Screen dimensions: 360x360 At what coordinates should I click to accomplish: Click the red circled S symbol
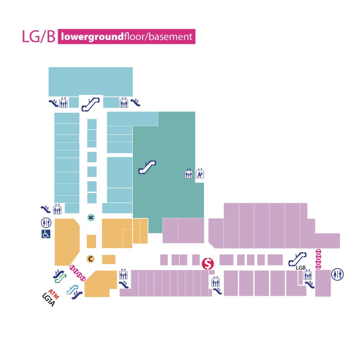tap(208, 264)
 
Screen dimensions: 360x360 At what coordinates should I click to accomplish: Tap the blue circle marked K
tap(91, 217)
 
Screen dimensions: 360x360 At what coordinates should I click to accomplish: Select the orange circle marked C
tap(90, 259)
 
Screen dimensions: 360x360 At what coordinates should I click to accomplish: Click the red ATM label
tap(53, 294)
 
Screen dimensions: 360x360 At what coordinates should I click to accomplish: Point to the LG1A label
tap(49, 300)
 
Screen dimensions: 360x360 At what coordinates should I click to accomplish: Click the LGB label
tap(301, 268)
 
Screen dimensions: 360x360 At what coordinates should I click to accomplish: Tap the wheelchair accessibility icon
tap(46, 234)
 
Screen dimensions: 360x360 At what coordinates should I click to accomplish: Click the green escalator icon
tap(60, 278)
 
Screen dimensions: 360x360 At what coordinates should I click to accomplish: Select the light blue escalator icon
tap(72, 290)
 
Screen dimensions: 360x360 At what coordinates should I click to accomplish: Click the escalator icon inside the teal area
tap(147, 167)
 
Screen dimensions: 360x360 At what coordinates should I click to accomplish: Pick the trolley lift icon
tap(200, 174)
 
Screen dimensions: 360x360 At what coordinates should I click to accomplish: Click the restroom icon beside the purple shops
tap(337, 274)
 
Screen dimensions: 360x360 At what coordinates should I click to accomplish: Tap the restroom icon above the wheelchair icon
tap(46, 223)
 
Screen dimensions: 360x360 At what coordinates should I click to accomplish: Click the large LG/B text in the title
tap(39, 37)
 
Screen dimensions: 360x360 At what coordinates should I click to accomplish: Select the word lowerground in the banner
tap(92, 37)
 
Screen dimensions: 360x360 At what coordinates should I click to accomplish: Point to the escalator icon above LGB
tap(297, 259)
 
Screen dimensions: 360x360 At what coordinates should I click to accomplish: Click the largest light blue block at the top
tap(90, 82)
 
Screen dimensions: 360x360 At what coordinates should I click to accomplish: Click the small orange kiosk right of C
tap(109, 259)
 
